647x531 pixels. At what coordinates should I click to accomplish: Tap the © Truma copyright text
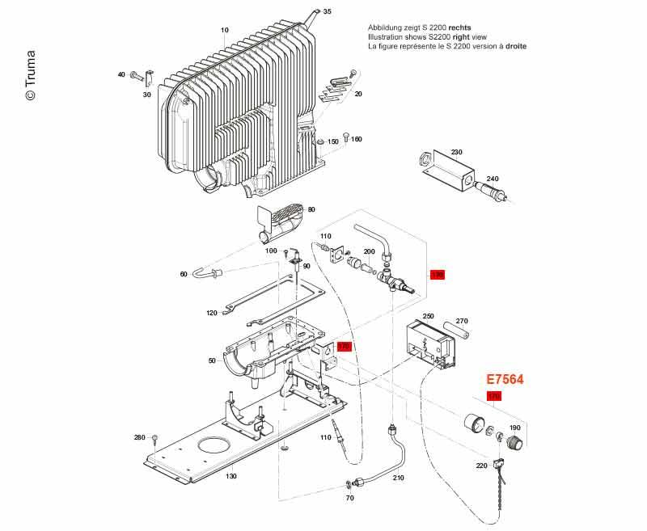30,72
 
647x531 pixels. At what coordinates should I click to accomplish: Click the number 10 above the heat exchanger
225,30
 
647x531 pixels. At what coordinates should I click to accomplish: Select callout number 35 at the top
327,11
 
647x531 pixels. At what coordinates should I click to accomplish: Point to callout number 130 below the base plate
231,476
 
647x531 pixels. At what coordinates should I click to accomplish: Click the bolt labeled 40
137,75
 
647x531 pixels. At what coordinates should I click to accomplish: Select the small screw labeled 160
345,137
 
